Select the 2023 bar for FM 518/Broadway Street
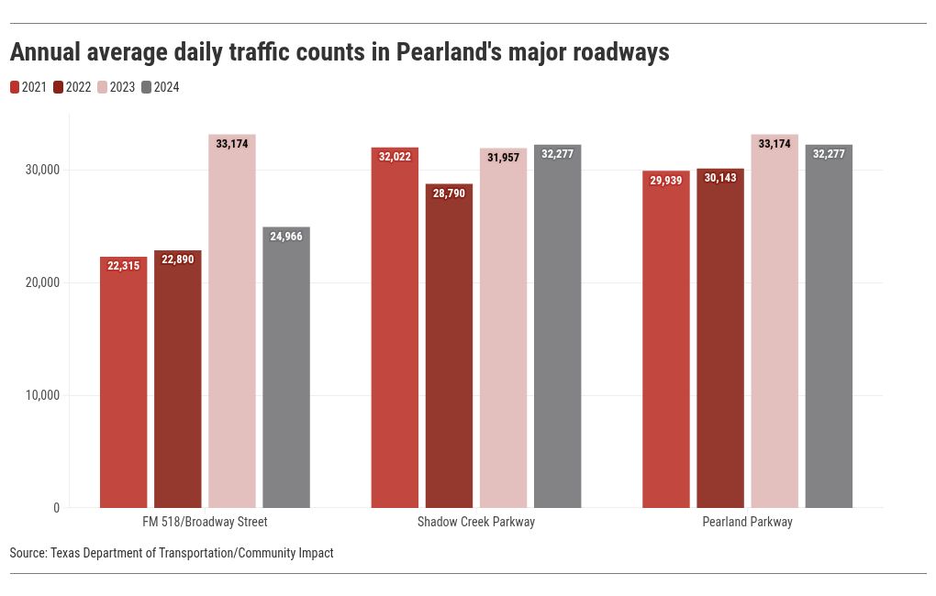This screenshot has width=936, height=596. (x=231, y=321)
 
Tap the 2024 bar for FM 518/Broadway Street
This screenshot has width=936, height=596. (x=285, y=367)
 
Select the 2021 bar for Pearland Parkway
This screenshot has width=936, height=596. (x=665, y=339)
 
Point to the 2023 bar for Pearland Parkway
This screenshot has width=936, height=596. (x=774, y=321)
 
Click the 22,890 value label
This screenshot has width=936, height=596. (x=177, y=260)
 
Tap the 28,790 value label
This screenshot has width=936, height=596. (x=449, y=193)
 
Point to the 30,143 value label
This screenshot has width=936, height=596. (x=719, y=178)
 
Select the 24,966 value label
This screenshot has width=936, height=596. (x=285, y=237)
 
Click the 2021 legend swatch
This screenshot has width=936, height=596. (x=15, y=87)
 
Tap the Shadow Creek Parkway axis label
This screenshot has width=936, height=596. (x=475, y=522)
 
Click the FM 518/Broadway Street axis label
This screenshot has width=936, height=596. (x=205, y=522)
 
